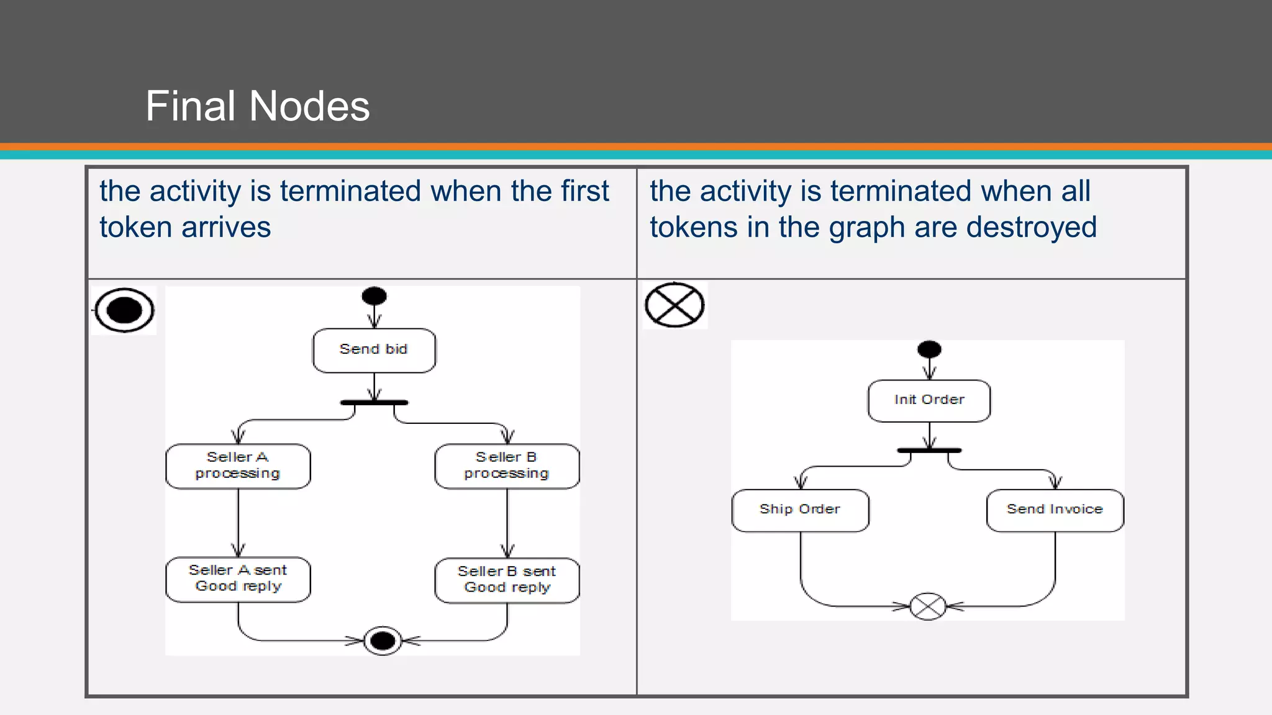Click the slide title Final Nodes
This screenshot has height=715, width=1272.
pyautogui.click(x=257, y=106)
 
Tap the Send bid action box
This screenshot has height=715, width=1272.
pyautogui.click(x=374, y=350)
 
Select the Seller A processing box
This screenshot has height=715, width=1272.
pyautogui.click(x=238, y=466)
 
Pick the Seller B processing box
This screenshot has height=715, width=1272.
pyautogui.click(x=507, y=466)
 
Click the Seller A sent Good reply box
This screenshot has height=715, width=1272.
pyautogui.click(x=238, y=579)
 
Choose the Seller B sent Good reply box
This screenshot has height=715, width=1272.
pyautogui.click(x=507, y=580)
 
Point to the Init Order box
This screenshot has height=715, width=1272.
pyautogui.click(x=929, y=400)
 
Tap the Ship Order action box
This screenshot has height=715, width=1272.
pyautogui.click(x=800, y=510)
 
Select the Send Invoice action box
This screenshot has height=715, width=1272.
pyautogui.click(x=1055, y=510)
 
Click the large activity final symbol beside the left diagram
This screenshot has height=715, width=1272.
pyautogui.click(x=124, y=310)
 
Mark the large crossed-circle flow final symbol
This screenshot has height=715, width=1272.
pyautogui.click(x=675, y=305)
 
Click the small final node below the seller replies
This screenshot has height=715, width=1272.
pyautogui.click(x=383, y=641)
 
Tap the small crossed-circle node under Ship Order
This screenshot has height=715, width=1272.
pyautogui.click(x=928, y=606)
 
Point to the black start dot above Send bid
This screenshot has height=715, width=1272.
pyautogui.click(x=374, y=296)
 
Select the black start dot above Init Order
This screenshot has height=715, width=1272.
pyautogui.click(x=929, y=349)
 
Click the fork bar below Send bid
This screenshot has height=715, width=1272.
pyautogui.click(x=374, y=403)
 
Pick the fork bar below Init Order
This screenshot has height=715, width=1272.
pyautogui.click(x=929, y=450)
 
